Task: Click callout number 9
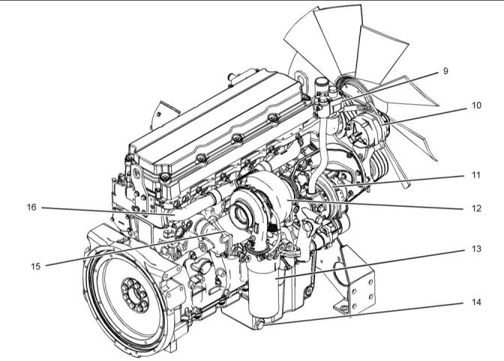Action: point(445,71)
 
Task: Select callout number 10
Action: point(476,106)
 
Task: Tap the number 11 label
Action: point(476,175)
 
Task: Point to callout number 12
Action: point(476,208)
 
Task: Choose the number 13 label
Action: point(476,249)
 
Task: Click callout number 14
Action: point(476,302)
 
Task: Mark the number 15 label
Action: point(36,267)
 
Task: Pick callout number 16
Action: point(31,207)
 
